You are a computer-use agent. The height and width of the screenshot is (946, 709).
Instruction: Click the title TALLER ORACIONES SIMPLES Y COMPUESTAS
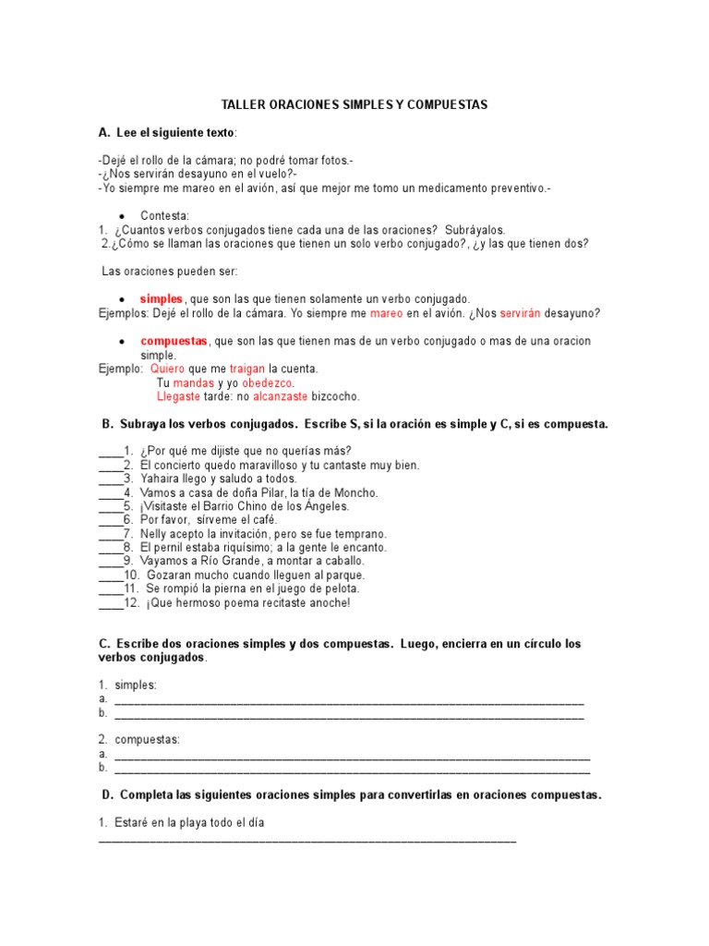(354, 105)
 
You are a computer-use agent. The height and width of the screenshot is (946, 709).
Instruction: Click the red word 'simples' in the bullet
(161, 299)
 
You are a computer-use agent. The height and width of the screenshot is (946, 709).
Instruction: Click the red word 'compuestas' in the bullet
(174, 341)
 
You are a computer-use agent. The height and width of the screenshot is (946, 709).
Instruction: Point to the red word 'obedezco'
(268, 382)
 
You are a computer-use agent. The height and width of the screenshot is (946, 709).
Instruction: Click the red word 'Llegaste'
(179, 396)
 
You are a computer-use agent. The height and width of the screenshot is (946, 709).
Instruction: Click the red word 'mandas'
(194, 382)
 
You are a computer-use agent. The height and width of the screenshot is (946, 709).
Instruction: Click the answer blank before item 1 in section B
(110, 452)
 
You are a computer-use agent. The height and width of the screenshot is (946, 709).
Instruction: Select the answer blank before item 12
(110, 603)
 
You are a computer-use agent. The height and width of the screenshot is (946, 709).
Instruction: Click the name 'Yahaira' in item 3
(161, 479)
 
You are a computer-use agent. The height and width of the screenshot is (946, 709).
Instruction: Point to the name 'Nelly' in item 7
(155, 534)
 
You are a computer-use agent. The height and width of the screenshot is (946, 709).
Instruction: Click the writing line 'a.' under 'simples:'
(349, 700)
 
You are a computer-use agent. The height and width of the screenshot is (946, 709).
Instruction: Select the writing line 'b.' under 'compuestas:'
(353, 769)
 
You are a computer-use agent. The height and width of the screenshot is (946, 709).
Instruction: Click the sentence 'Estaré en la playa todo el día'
(189, 822)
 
